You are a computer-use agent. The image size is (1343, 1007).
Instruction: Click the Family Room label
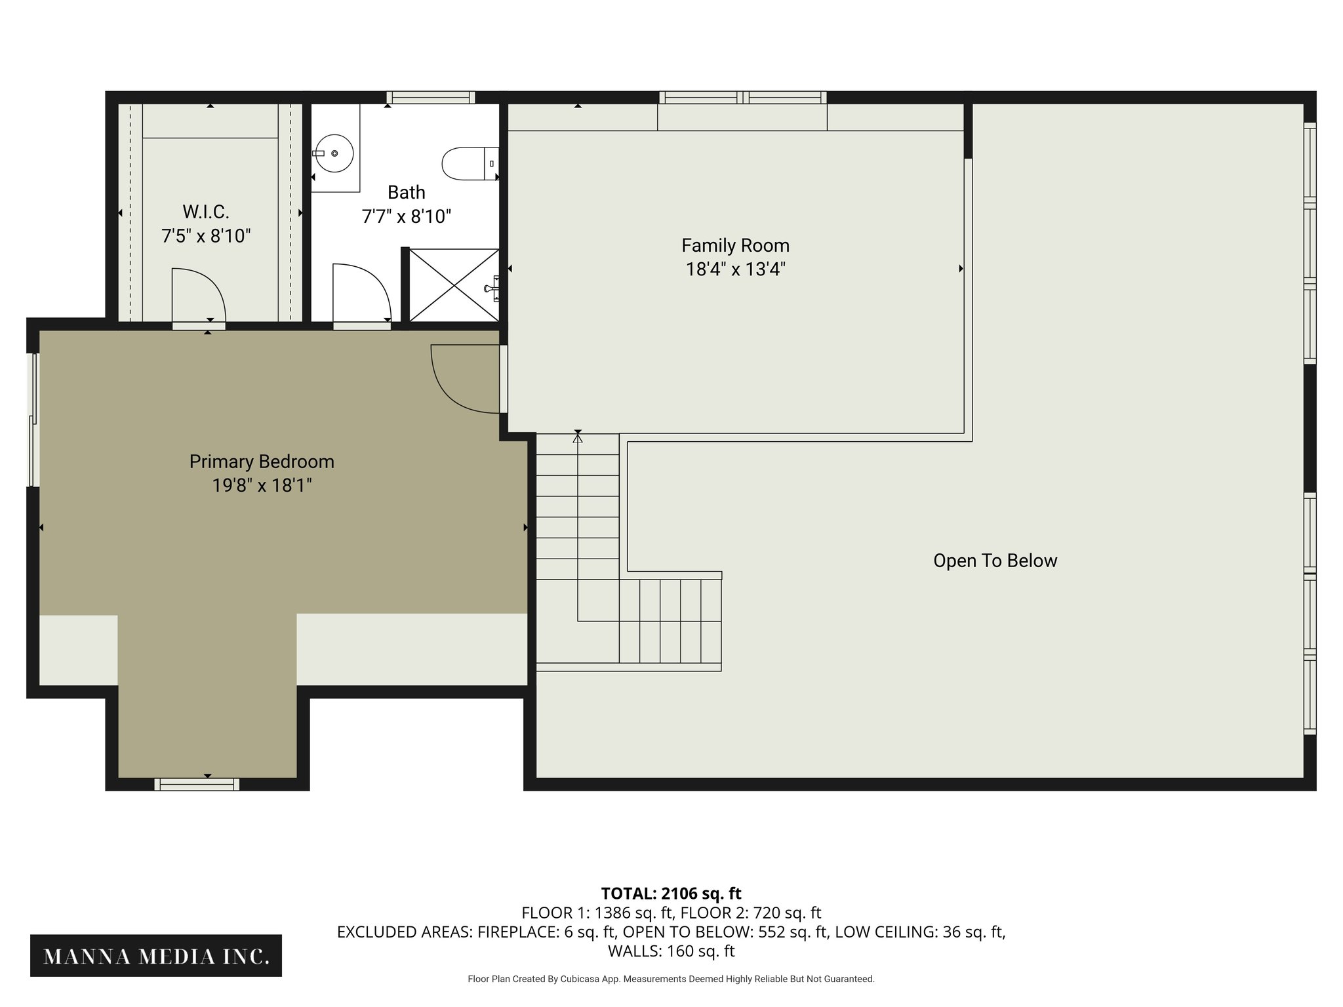[735, 246]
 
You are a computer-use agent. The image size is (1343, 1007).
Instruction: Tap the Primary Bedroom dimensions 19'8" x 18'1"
[262, 486]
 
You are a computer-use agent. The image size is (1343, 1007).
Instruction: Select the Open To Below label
[995, 561]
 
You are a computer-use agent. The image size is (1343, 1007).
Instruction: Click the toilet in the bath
[467, 163]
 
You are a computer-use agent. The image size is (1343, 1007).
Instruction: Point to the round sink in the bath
[334, 153]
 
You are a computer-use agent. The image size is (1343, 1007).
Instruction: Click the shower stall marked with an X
[453, 285]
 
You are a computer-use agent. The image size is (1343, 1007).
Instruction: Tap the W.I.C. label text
[206, 212]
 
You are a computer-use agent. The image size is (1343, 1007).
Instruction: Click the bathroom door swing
[361, 292]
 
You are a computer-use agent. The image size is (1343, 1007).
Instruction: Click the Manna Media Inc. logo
[156, 957]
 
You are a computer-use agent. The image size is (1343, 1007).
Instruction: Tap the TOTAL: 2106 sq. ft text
[671, 893]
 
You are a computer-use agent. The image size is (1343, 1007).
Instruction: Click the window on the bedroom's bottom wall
[197, 784]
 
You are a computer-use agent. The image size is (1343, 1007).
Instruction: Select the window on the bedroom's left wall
[33, 420]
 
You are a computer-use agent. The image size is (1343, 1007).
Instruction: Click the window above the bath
[430, 98]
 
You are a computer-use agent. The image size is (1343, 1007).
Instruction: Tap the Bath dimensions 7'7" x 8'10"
[407, 216]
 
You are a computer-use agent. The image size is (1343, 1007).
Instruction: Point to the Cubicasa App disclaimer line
[671, 979]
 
